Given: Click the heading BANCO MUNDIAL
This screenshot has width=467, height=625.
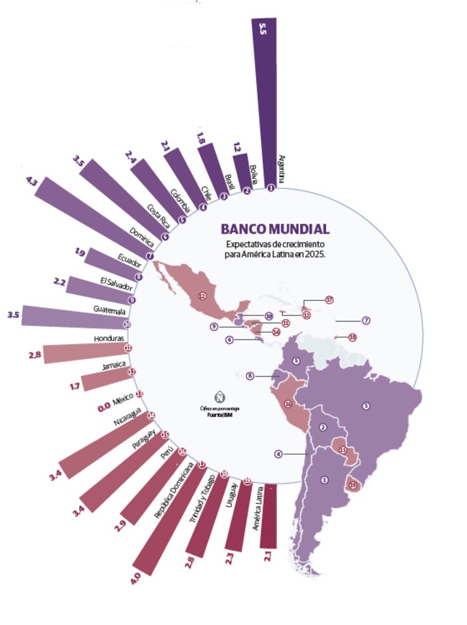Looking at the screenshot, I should tap(275, 229).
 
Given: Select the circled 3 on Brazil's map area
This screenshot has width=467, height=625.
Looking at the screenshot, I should tap(366, 406).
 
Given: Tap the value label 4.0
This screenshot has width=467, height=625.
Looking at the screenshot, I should tap(135, 581).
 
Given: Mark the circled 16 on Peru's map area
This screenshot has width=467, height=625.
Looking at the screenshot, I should tap(288, 404).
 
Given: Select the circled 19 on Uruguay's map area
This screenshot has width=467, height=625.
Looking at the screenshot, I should tap(354, 485).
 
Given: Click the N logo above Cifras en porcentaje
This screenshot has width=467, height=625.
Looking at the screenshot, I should tap(219, 396).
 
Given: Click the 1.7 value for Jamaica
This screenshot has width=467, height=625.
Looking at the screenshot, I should tap(75, 386).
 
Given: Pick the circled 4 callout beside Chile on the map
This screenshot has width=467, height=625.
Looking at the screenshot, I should tap(278, 454).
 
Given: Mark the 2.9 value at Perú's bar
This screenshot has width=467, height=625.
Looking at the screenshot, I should tap(120, 528).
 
